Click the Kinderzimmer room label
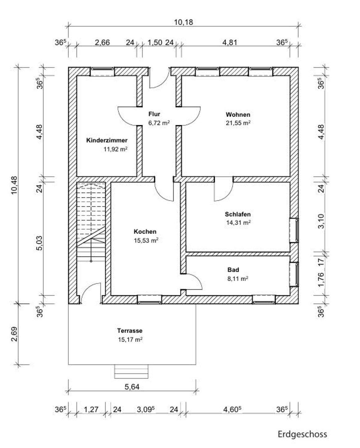point(106,140)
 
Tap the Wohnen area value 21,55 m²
point(238,123)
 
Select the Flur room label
point(154,114)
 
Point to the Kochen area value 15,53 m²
point(146,240)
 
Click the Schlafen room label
point(238,214)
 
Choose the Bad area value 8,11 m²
point(238,279)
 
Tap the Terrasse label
point(130,331)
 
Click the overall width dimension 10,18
point(183,22)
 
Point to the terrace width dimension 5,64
point(132,387)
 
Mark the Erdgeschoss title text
point(302,434)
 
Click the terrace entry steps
point(132,371)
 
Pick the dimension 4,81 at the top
point(230,42)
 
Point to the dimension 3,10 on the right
point(321,221)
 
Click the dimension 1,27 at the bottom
point(91,409)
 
